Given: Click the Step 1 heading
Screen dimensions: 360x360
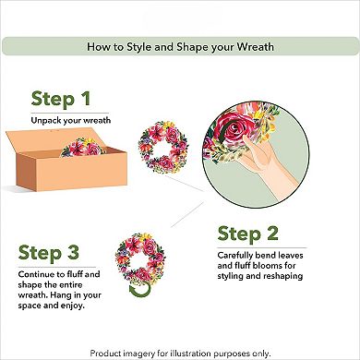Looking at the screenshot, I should (62, 99).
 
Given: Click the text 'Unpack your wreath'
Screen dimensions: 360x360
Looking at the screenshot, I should (69, 119).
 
